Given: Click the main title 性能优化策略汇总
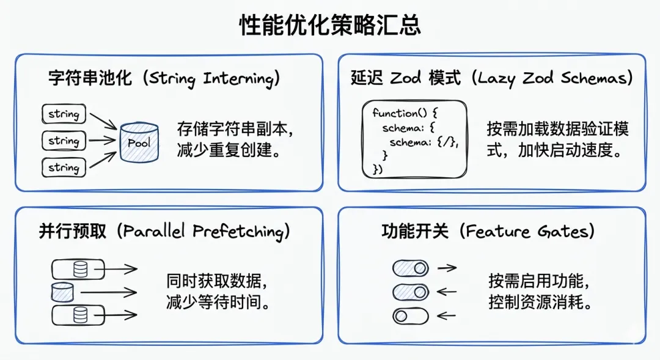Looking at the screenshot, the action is pyautogui.click(x=330, y=26).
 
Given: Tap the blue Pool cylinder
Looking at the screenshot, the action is pyautogui.click(x=139, y=142).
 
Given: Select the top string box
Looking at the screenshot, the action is pyautogui.click(x=64, y=114).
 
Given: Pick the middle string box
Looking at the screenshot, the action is pyautogui.click(x=64, y=141).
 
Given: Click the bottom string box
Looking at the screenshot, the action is pyautogui.click(x=64, y=167).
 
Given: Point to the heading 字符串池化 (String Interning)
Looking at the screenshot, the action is pyautogui.click(x=165, y=78).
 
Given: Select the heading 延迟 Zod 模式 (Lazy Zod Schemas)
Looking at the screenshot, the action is pyautogui.click(x=492, y=78).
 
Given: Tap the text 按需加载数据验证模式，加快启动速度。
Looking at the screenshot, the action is pyautogui.click(x=557, y=140).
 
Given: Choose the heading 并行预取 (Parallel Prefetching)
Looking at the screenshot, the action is pyautogui.click(x=164, y=231).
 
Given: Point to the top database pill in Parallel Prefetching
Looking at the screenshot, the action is pyautogui.click(x=78, y=269).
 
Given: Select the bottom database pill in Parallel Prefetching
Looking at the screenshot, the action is pyautogui.click(x=78, y=315).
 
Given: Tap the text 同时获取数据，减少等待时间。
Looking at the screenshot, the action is pyautogui.click(x=218, y=292).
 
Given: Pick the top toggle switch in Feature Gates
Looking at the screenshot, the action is pyautogui.click(x=410, y=268).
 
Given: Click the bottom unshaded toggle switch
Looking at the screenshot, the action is pyautogui.click(x=410, y=316).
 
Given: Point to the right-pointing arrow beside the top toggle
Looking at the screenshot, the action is pyautogui.click(x=447, y=268).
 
